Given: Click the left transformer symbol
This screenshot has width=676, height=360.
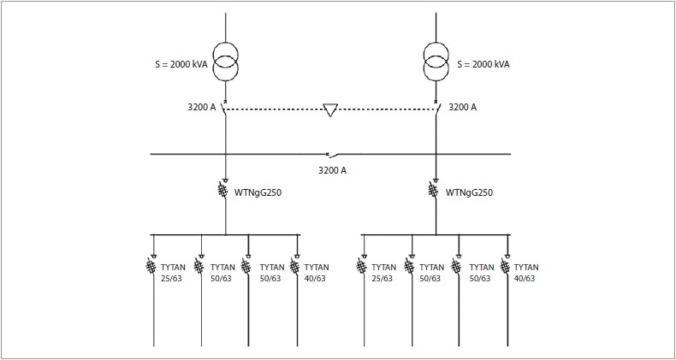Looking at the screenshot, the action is (x=226, y=61).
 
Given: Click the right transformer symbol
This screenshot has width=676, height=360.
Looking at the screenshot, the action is (x=436, y=61).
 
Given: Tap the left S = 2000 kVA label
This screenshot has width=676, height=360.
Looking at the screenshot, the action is (x=181, y=65).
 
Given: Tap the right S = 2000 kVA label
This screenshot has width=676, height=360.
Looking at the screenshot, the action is (x=483, y=65).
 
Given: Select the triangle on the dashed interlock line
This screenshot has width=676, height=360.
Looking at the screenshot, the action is (x=330, y=109).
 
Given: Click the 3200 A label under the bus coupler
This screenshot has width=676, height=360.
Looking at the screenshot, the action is (x=332, y=170).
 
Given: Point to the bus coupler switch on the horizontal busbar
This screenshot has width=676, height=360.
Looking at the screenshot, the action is (x=332, y=153).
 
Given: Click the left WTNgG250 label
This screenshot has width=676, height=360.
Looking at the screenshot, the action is (x=258, y=193).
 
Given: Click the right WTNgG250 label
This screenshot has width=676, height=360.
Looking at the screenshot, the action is (x=469, y=193).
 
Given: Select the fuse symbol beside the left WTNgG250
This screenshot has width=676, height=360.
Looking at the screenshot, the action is (x=222, y=191).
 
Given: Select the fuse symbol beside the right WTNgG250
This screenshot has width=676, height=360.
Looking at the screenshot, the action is (x=433, y=191).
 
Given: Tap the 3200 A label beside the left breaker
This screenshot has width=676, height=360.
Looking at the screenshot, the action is (x=201, y=108).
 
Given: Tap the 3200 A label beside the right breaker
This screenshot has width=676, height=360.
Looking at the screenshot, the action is (x=463, y=108).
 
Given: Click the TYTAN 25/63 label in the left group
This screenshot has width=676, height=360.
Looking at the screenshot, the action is (x=173, y=273).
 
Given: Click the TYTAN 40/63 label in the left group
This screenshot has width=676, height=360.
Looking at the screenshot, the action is (x=317, y=273).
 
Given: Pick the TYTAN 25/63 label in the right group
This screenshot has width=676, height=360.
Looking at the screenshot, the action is (x=383, y=273).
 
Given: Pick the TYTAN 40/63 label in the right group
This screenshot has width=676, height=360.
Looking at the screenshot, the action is (x=526, y=273).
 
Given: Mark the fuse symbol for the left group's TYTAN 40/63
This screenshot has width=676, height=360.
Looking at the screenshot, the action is (x=294, y=266).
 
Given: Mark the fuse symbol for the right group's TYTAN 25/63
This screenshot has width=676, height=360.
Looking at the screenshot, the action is (x=361, y=266).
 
